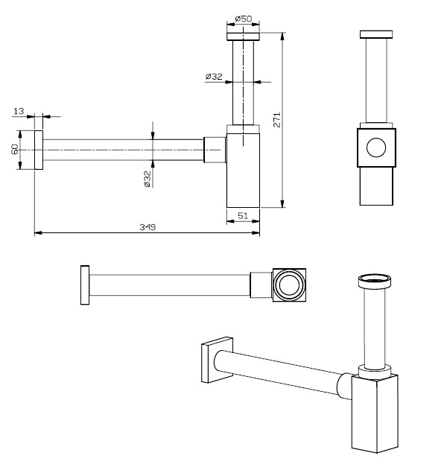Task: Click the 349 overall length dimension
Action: point(148,227)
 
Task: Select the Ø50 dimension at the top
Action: point(243,18)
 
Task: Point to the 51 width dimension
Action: point(243,215)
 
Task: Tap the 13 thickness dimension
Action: point(19,111)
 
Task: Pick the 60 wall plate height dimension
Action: point(14,149)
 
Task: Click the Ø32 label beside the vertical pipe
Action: point(214,77)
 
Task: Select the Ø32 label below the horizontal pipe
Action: point(148,179)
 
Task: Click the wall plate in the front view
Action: point(37,150)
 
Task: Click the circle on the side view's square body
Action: point(377,148)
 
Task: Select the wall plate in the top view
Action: point(86,285)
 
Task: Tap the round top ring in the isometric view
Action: point(375,281)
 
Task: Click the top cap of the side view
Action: point(377,34)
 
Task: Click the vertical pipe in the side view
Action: point(377,78)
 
